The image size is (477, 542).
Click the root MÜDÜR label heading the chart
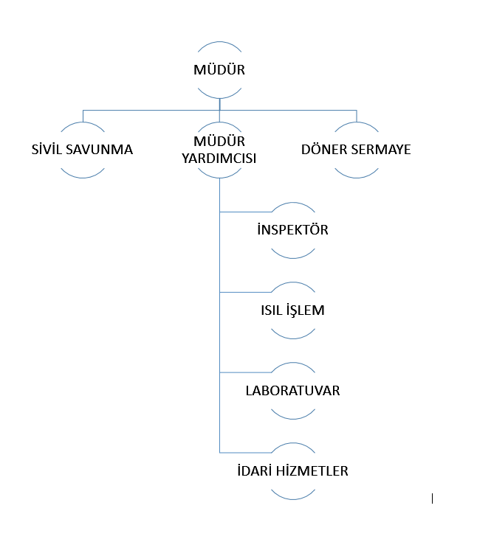[219, 71]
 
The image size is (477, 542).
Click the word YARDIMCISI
[219, 157]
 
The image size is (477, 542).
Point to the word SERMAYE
[381, 150]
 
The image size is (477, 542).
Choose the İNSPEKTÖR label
[292, 230]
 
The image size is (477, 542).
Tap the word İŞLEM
[305, 310]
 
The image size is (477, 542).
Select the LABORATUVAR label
[292, 391]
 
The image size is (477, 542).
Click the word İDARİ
[253, 471]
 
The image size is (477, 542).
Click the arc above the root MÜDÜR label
[219, 46]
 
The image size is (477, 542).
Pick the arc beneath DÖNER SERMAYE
[357, 175]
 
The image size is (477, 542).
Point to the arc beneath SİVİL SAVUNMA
[83, 175]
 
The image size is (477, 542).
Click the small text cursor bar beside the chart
[432, 499]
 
